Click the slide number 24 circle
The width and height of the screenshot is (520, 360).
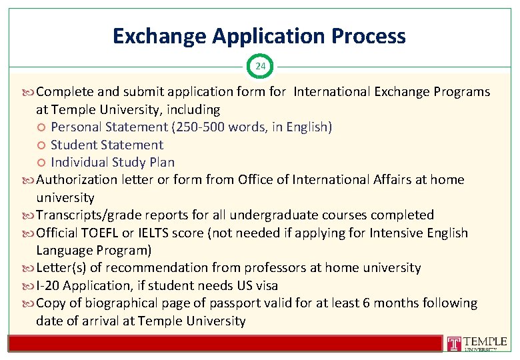pos(260,66)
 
